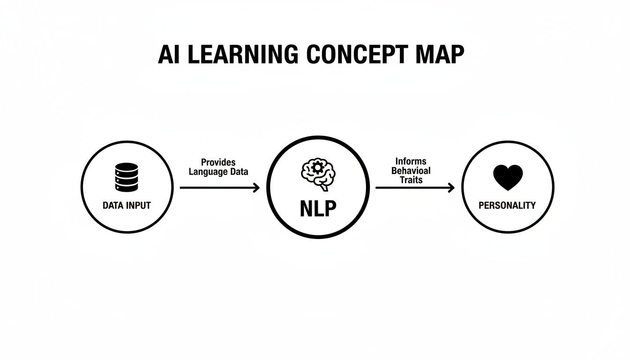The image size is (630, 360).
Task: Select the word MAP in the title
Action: [441, 55]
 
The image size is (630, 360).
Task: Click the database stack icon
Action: [127, 177]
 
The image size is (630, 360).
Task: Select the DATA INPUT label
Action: [127, 205]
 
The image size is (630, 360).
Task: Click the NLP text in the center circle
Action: [318, 209]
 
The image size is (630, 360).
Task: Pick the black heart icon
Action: [508, 178]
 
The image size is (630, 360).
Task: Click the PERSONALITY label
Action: [507, 205]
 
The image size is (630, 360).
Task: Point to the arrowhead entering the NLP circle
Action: [256, 187]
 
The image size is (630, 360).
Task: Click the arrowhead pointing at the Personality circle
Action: [451, 187]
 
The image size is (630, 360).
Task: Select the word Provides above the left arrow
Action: [218, 162]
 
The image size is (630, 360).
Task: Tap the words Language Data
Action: [218, 172]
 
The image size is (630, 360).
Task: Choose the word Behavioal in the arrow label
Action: [411, 171]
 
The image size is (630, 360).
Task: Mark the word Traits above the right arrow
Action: [411, 180]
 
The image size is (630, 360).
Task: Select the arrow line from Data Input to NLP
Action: [216, 187]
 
